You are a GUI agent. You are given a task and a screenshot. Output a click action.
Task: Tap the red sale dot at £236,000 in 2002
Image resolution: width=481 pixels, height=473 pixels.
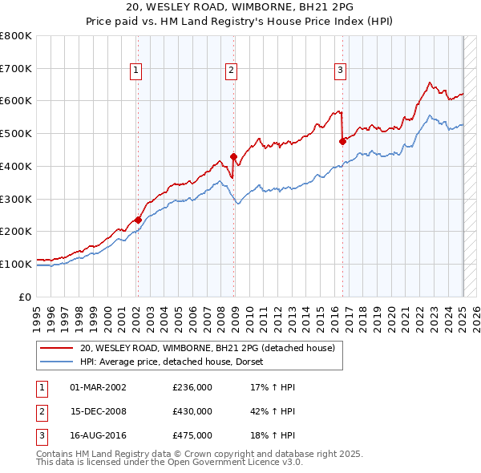pyautogui.click(x=138, y=220)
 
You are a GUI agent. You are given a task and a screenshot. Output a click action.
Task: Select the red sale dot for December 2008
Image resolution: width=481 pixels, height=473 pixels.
pyautogui.click(x=234, y=156)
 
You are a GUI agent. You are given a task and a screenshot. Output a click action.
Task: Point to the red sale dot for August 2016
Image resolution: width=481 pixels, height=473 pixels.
pyautogui.click(x=342, y=141)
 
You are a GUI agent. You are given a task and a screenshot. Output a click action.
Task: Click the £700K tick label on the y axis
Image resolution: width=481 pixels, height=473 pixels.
pyautogui.click(x=16, y=68)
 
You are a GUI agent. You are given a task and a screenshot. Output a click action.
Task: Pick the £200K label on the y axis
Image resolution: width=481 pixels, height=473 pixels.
pyautogui.click(x=16, y=231)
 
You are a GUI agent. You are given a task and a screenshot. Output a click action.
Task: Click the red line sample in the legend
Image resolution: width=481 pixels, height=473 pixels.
pyautogui.click(x=57, y=348)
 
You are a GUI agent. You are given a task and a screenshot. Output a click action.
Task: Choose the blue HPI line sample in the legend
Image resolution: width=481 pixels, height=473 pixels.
pyautogui.click(x=57, y=362)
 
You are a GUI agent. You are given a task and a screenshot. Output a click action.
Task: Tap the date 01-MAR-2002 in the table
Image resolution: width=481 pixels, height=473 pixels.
pyautogui.click(x=98, y=387)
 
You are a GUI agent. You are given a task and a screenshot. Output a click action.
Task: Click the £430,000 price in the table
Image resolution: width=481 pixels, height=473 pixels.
pyautogui.click(x=192, y=411)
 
